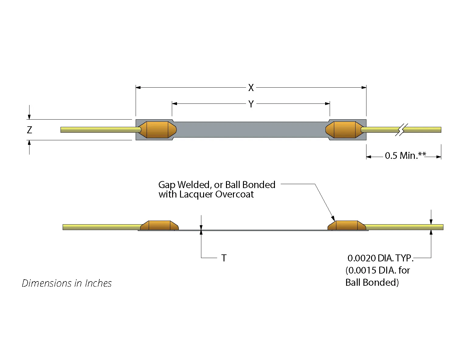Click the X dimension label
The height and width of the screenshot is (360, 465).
(x=251, y=88)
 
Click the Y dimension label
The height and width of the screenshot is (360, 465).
(x=251, y=104)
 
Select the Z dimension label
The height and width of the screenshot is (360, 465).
(x=29, y=130)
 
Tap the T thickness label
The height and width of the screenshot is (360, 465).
(x=224, y=258)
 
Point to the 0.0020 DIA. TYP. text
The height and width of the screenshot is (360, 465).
(x=380, y=258)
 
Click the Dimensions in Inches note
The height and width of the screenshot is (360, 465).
(x=67, y=283)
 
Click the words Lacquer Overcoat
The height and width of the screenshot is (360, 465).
(x=216, y=194)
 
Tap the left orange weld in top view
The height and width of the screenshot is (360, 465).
(x=158, y=130)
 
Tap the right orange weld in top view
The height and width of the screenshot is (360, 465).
(x=345, y=130)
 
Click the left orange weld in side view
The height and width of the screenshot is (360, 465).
(x=159, y=225)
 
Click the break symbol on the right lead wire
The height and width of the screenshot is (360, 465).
(x=401, y=130)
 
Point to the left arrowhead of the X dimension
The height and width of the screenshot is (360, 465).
(x=138, y=88)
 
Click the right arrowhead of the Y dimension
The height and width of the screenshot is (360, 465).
(x=328, y=103)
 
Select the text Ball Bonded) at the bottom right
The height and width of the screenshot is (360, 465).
(x=372, y=282)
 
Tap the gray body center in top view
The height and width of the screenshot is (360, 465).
(x=251, y=130)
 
